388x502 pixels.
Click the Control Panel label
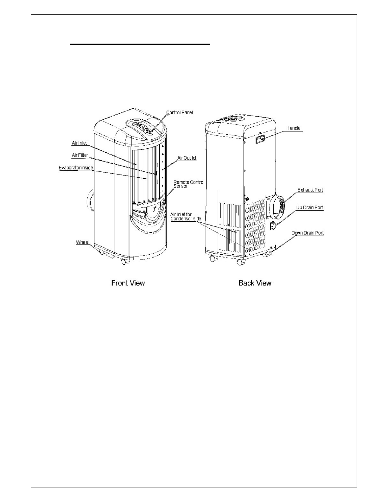[x=180, y=112]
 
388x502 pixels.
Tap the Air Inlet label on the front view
[x=79, y=143]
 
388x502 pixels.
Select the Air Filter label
[x=80, y=155]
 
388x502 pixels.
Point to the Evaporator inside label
[x=76, y=168]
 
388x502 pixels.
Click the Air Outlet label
[x=187, y=158]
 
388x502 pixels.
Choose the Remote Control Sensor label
[x=189, y=184]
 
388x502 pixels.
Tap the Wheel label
[x=82, y=242]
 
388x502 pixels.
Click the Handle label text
[x=293, y=128]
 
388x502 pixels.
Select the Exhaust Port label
[x=310, y=190]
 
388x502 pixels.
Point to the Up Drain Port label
[x=310, y=208]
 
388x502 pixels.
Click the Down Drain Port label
[x=308, y=233]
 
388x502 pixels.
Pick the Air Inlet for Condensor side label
[x=186, y=216]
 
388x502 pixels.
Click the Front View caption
[x=128, y=283]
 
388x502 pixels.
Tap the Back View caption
[x=255, y=283]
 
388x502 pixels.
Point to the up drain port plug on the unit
[x=273, y=226]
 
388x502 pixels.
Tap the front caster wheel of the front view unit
[x=125, y=262]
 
